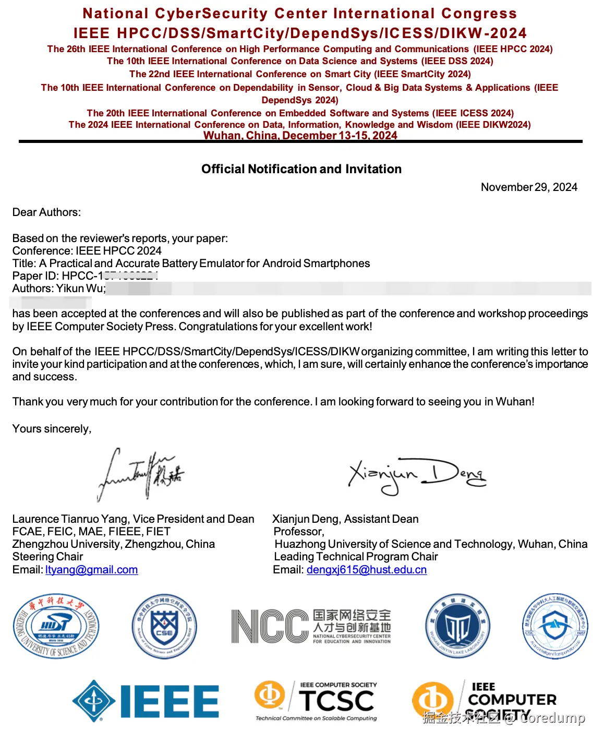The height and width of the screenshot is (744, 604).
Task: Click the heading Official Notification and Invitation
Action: pos(301,169)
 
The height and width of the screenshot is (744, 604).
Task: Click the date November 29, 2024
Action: pos(529,187)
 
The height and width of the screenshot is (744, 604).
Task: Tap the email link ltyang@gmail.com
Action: pos(92,570)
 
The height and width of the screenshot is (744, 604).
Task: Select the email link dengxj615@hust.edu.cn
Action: pos(367,570)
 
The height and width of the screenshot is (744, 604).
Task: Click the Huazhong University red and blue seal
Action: pos(56,626)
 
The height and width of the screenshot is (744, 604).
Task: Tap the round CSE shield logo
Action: pos(164,626)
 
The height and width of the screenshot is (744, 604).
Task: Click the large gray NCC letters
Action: pos(270,626)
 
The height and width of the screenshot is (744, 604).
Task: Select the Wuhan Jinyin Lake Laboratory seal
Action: pos(457,626)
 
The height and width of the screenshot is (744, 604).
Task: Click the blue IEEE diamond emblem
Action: pos(94,701)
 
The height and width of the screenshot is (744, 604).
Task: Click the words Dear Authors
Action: pos(46,212)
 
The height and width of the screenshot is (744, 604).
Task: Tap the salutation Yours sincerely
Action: pos(52,429)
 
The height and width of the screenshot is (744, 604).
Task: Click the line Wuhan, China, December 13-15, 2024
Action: pos(300,136)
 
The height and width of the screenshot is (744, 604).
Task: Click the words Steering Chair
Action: pos(47,557)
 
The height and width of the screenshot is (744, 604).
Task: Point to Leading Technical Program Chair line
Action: pos(356,557)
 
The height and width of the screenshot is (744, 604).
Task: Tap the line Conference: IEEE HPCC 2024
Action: pos(87,251)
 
